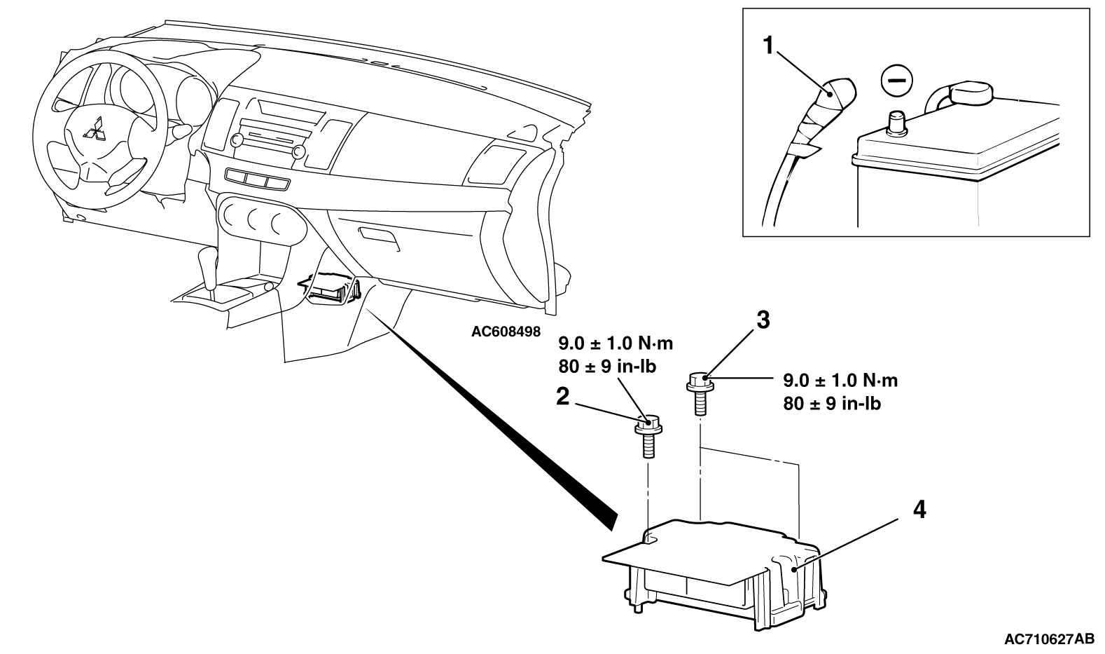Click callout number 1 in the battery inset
tap(769, 46)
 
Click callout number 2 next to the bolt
tap(562, 397)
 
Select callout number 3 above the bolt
tap(763, 320)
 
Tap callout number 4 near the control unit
tap(919, 510)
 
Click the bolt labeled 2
tap(648, 435)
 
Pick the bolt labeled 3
tap(699, 393)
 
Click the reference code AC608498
tap(506, 332)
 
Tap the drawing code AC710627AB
tap(1049, 639)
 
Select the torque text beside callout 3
tap(839, 392)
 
